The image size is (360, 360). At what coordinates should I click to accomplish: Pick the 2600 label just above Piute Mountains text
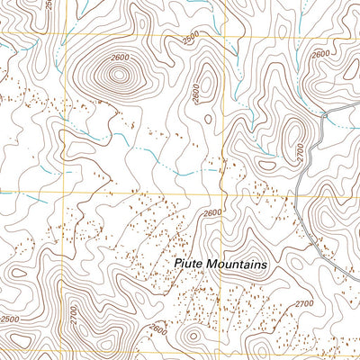[x=211, y=213]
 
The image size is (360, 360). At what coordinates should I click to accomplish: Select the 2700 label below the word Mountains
[x=303, y=303]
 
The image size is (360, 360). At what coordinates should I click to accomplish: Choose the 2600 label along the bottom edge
[x=158, y=329]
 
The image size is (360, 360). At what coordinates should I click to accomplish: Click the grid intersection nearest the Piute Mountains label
[x=223, y=192]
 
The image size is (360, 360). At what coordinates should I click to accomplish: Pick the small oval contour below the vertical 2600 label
[x=209, y=118]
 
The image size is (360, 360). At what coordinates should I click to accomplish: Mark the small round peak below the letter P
[x=191, y=337]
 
